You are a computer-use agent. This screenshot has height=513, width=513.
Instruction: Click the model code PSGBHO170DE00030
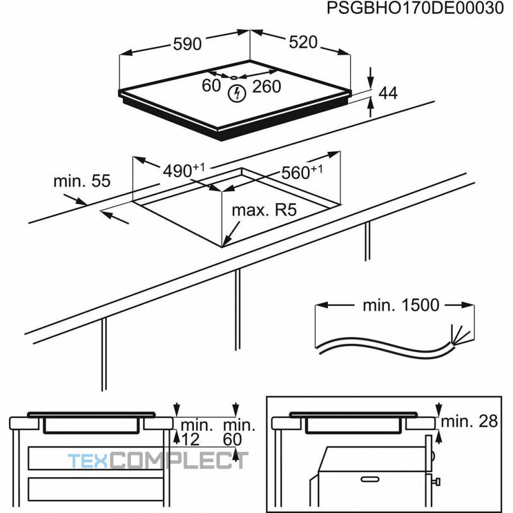click(x=415, y=8)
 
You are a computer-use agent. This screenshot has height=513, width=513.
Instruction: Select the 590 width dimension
click(x=187, y=44)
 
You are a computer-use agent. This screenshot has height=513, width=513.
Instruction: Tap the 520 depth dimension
click(x=303, y=42)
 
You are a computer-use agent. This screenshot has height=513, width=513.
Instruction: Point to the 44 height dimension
click(x=388, y=93)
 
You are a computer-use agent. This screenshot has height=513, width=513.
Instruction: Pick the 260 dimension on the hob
click(x=267, y=86)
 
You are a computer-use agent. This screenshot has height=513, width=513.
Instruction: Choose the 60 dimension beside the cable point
click(x=212, y=86)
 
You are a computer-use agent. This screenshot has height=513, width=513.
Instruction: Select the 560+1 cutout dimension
click(x=301, y=172)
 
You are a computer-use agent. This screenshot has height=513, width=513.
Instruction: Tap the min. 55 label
click(x=82, y=181)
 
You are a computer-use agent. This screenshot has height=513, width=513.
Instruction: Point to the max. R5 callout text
click(x=264, y=210)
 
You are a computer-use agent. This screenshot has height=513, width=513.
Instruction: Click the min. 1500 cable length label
click(x=401, y=305)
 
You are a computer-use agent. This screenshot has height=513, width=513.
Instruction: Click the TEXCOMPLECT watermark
click(x=158, y=460)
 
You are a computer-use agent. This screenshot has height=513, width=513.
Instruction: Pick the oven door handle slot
click(x=370, y=479)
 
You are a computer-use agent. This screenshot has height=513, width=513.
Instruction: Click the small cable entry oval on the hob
click(x=234, y=78)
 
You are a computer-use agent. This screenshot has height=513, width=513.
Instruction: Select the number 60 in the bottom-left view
click(x=233, y=439)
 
